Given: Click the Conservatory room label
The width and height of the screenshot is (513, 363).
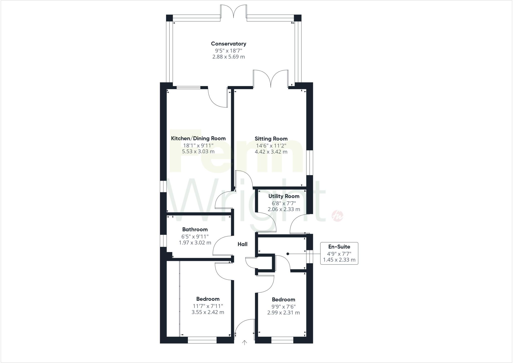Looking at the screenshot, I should [x=228, y=44].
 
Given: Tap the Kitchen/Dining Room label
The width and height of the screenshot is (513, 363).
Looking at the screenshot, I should [x=198, y=138].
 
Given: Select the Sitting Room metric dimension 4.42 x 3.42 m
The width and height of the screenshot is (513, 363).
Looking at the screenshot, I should [x=271, y=152].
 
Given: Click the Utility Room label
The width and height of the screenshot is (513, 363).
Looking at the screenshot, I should [x=284, y=196].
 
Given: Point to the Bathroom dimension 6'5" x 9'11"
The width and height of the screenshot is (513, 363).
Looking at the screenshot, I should [x=195, y=236].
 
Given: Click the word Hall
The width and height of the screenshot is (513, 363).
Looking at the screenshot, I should [x=242, y=244].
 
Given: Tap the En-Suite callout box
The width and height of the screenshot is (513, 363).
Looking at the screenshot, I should [x=339, y=253].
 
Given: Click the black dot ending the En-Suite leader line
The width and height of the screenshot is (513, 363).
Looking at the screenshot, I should [x=288, y=254].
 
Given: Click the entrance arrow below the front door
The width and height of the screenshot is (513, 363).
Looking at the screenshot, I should [x=244, y=343].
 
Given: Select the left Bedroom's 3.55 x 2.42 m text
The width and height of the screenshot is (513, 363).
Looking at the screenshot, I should [x=208, y=312].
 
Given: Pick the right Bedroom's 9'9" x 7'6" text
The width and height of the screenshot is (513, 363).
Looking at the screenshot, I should [x=284, y=306].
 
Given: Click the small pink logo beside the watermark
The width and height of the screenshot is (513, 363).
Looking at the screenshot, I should [x=337, y=215].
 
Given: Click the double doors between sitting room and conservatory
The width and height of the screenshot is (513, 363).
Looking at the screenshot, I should [x=271, y=79].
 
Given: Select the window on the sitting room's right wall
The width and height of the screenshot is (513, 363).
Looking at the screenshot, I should [x=310, y=163].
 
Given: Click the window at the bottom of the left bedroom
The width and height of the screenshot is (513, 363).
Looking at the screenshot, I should [x=202, y=341].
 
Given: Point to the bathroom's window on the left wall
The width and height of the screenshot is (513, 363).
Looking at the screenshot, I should [x=163, y=240].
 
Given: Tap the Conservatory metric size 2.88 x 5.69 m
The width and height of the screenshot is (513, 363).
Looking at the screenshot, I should [x=228, y=57].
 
